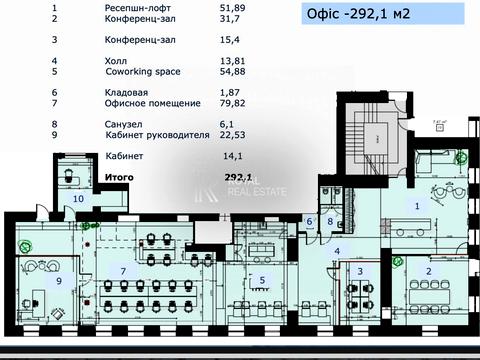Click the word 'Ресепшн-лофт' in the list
[133, 6]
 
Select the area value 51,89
[231, 6]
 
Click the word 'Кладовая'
[126, 91]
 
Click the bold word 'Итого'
[119, 175]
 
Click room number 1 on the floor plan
[417, 205]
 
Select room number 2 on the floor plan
[428, 271]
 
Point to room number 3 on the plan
[359, 270]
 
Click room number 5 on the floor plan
[262, 280]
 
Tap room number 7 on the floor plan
[123, 271]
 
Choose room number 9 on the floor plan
[58, 281]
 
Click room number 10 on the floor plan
[78, 199]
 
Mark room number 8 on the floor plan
[329, 221]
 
